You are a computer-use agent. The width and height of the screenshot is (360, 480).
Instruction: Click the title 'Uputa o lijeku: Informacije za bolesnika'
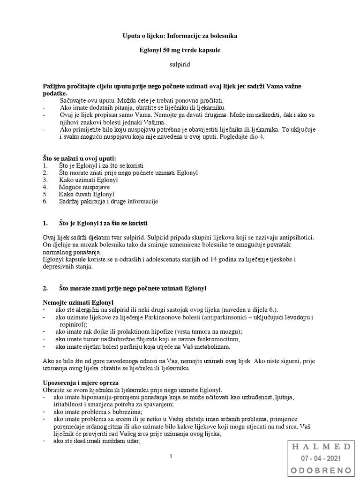pos(180,36)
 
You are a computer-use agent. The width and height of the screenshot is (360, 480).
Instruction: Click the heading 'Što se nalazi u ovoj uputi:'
pos(79,158)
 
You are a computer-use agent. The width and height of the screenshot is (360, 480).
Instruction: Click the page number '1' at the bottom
pos(172,456)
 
